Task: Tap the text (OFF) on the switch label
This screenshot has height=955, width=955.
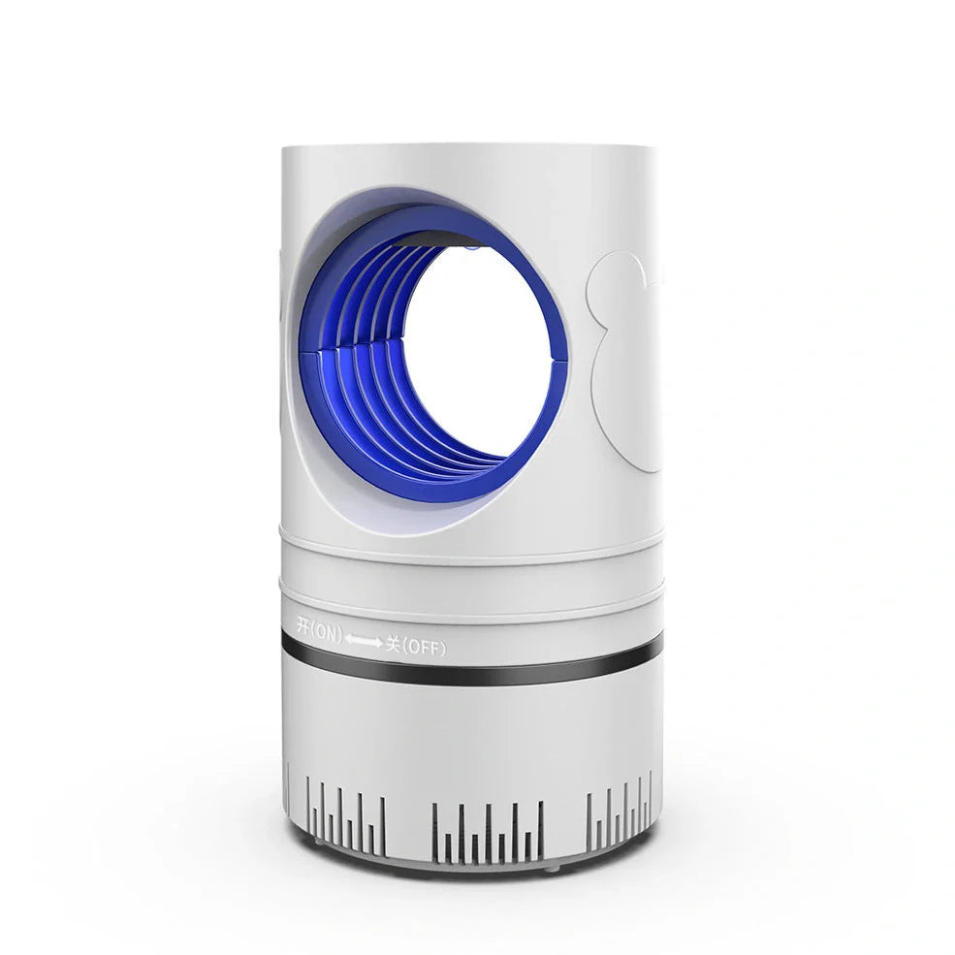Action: tap(424, 647)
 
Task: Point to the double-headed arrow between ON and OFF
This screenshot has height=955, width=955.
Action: tap(365, 640)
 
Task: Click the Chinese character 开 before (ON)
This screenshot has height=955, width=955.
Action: tap(303, 626)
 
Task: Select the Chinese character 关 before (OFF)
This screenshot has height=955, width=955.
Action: tap(393, 644)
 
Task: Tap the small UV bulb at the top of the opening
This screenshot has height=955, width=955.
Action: tap(470, 247)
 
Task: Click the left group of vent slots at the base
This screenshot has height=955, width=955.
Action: tap(346, 816)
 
